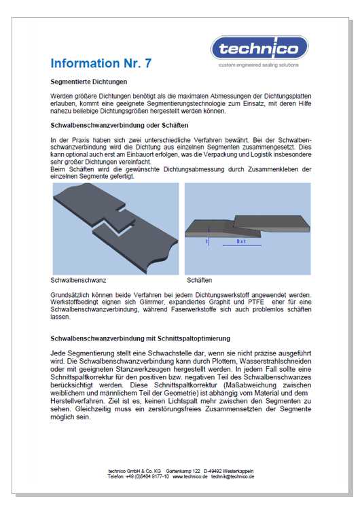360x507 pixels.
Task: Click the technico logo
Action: pos(259,48)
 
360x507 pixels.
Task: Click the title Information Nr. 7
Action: pos(101,63)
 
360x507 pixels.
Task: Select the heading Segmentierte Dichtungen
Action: pos(88,82)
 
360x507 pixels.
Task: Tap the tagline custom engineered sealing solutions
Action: pos(259,65)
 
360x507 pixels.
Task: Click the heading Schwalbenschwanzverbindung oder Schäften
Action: pos(120,125)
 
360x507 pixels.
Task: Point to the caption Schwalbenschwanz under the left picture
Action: pos(78,280)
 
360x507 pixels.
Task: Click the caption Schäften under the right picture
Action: pos(200,280)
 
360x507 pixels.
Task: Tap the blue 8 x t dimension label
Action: pos(241,241)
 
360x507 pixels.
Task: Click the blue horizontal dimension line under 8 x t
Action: pos(242,246)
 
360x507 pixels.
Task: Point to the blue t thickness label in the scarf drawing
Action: pos(206,241)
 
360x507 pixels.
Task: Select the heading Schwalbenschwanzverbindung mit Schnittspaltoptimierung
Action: pos(140,338)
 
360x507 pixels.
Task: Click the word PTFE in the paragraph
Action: pos(256,302)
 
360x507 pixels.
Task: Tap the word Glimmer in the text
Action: pos(151,302)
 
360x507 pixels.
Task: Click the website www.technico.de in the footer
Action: pos(190,476)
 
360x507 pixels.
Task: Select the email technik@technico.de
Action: pos(233,476)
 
